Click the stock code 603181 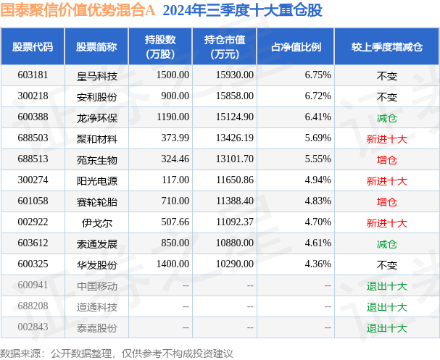[33, 75]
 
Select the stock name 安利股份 [97, 96]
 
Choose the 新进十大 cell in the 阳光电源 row [386, 180]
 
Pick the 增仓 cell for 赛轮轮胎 [386, 201]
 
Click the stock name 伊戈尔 [97, 222]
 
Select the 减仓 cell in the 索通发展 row [386, 244]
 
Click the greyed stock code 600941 [33, 286]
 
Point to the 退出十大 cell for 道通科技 [386, 307]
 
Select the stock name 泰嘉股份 [97, 328]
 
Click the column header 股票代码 [33, 46]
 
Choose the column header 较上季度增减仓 [386, 46]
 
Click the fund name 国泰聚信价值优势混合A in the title [79, 11]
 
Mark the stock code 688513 [33, 159]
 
